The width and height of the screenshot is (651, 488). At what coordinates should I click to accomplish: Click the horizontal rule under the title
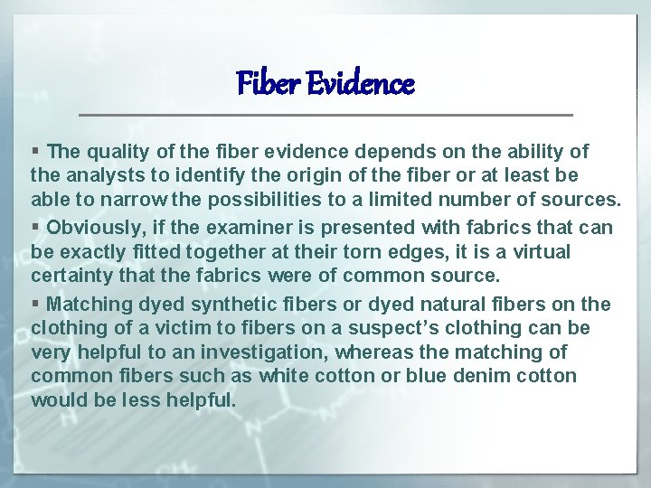point(325,115)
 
